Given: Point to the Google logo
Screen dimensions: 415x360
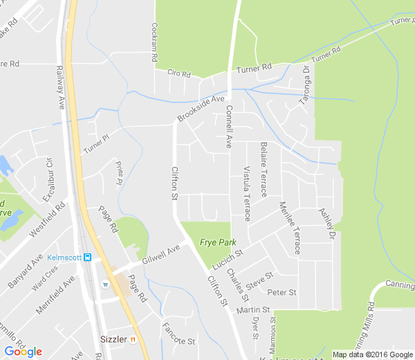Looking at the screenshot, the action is (23, 351).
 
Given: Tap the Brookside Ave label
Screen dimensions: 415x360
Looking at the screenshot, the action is (201, 109).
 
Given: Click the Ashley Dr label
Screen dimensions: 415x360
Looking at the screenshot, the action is (326, 224).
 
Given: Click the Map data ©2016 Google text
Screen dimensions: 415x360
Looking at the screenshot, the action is (371, 354).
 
